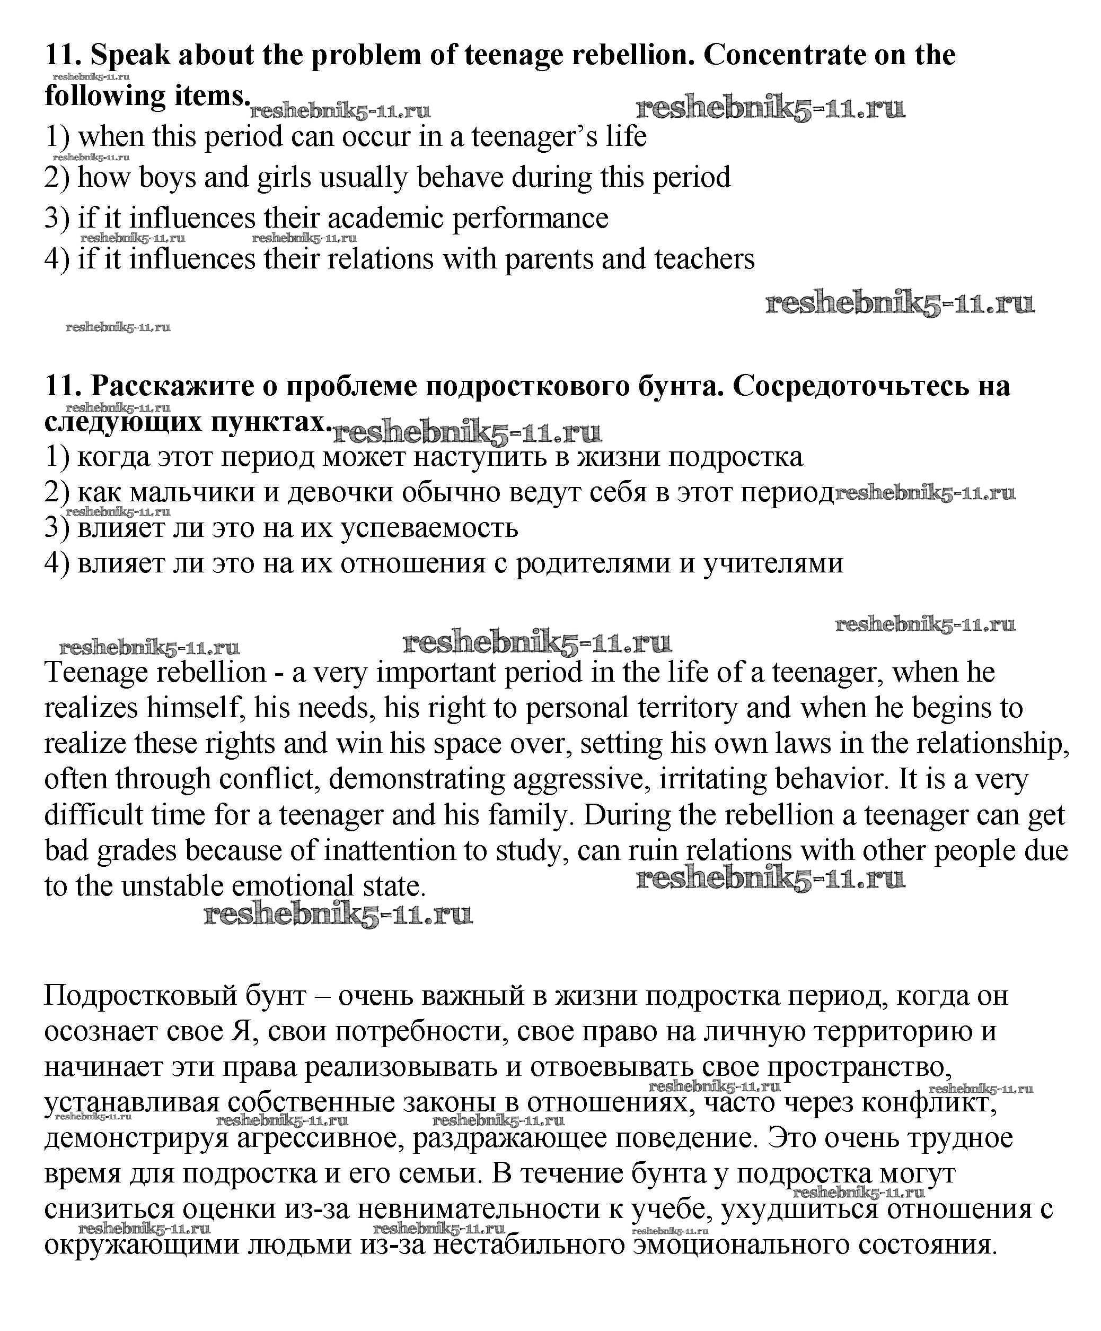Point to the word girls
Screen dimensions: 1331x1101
coord(284,178)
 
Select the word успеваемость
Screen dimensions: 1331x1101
coord(429,527)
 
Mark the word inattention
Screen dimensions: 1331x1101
coord(390,850)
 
